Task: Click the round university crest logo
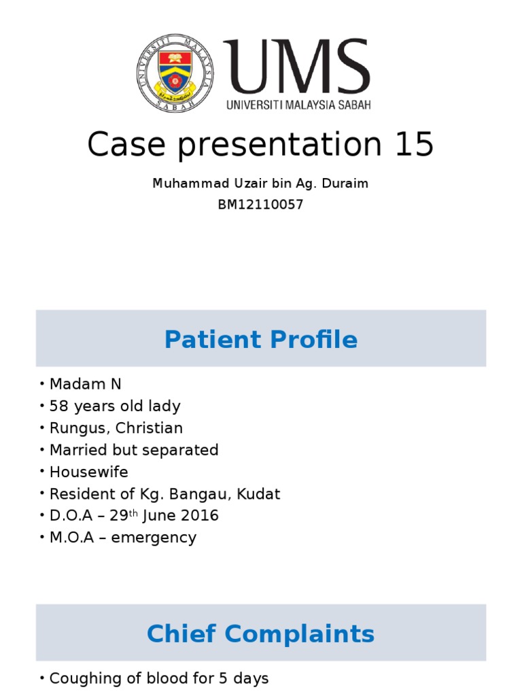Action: tap(175, 73)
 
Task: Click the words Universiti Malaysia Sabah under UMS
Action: tap(298, 105)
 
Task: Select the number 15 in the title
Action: tap(412, 144)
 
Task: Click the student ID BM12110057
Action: tap(260, 205)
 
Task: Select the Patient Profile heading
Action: tap(260, 339)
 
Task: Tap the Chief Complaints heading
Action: tap(260, 633)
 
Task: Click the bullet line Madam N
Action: tap(85, 384)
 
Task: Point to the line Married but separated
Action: tap(133, 450)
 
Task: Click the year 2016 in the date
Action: tap(201, 515)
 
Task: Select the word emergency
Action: tap(154, 538)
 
